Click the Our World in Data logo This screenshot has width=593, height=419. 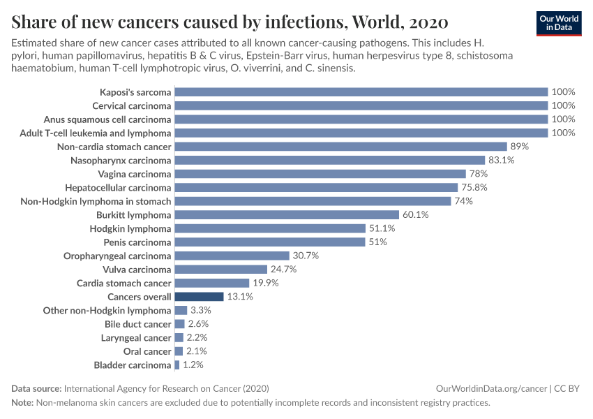click(x=558, y=22)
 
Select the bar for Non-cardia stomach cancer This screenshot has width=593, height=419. click(x=340, y=147)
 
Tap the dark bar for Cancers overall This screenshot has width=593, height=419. click(x=199, y=297)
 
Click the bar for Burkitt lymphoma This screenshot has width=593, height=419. click(x=287, y=215)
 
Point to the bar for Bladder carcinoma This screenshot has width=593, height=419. click(x=177, y=365)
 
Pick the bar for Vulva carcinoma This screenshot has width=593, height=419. click(x=221, y=270)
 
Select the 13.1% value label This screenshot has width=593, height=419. click(x=239, y=297)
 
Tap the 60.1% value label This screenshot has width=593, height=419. click(x=415, y=215)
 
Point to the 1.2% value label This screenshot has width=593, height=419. click(x=194, y=365)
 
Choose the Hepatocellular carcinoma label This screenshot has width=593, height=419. click(x=118, y=188)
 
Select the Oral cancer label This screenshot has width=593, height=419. click(x=147, y=351)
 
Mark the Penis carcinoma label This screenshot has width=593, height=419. click(x=137, y=242)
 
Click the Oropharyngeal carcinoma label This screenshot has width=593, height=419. click(x=117, y=256)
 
